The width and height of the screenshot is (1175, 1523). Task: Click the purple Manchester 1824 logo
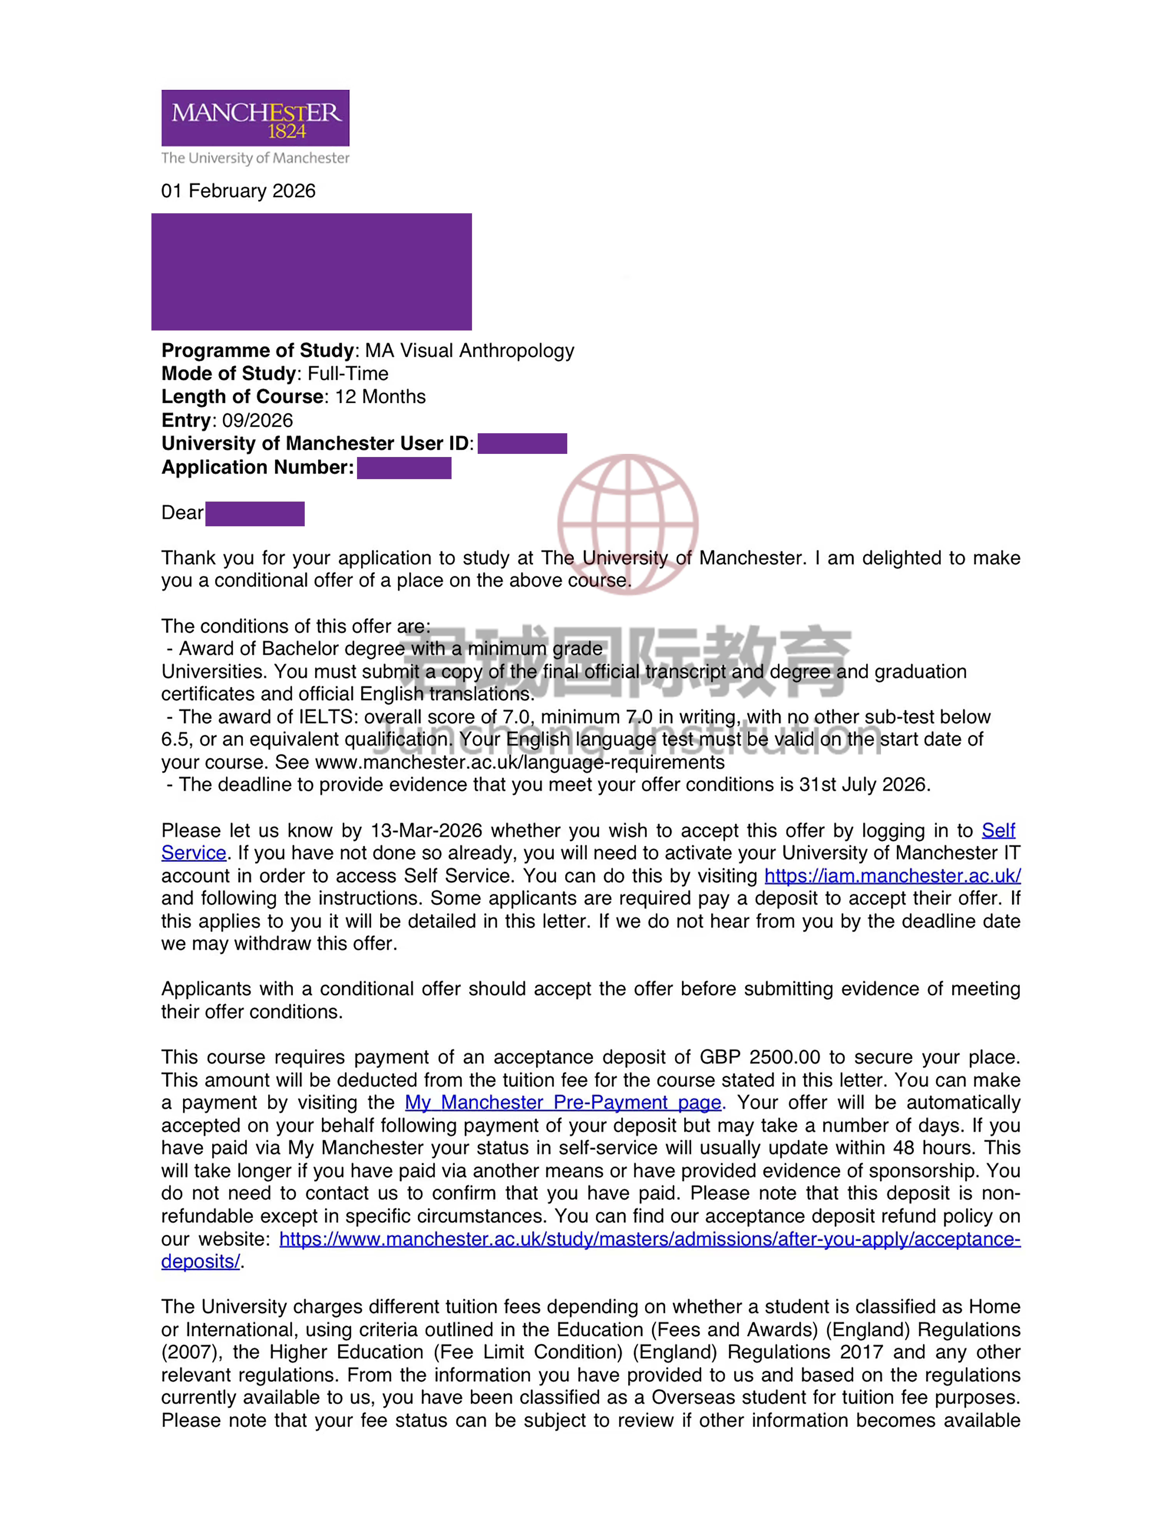pyautogui.click(x=255, y=118)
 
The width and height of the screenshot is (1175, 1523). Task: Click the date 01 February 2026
pyautogui.click(x=239, y=191)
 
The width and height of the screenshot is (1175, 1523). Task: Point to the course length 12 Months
pyautogui.click(x=380, y=397)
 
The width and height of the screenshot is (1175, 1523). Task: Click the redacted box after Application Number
pyautogui.click(x=404, y=468)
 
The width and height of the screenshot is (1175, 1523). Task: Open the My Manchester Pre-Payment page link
pyautogui.click(x=563, y=1102)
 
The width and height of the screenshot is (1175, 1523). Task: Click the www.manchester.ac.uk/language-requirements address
pyautogui.click(x=520, y=762)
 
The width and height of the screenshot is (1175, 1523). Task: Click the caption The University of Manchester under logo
pyautogui.click(x=255, y=158)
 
